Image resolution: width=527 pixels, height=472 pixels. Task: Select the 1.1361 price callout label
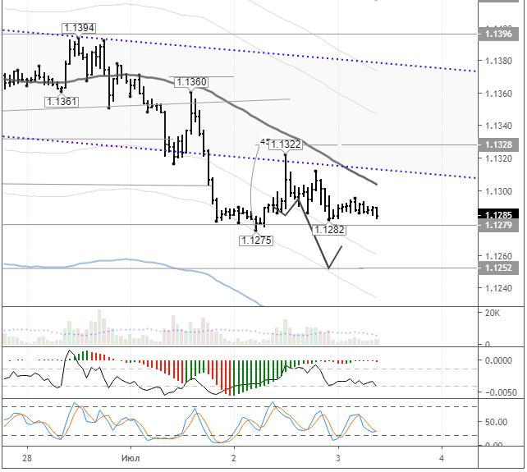pyautogui.click(x=62, y=101)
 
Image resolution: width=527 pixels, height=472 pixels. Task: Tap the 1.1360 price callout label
pyautogui.click(x=191, y=82)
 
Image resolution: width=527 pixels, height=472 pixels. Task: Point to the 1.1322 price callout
pyautogui.click(x=286, y=144)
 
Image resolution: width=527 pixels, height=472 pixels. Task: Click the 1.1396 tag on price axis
pyautogui.click(x=500, y=34)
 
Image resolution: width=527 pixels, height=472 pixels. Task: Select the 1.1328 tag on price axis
pyautogui.click(x=500, y=144)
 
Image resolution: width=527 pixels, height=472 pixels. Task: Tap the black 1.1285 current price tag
pyautogui.click(x=500, y=214)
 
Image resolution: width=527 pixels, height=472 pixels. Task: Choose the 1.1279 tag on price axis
pyautogui.click(x=500, y=224)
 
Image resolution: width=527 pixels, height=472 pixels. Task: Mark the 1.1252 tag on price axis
pyautogui.click(x=500, y=268)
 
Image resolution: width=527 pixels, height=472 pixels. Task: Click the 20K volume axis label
pyautogui.click(x=492, y=313)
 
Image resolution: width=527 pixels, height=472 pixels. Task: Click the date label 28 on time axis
pyautogui.click(x=28, y=457)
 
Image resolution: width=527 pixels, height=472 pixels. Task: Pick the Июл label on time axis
pyautogui.click(x=131, y=457)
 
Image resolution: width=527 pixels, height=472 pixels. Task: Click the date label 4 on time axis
pyautogui.click(x=442, y=457)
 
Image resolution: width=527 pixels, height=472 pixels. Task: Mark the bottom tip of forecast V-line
pyautogui.click(x=328, y=268)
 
